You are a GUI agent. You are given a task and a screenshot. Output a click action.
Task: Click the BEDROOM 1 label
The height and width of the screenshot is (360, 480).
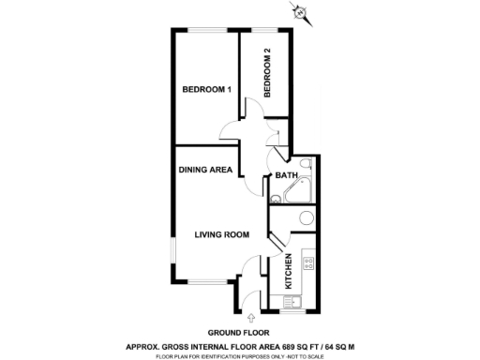point(206,89)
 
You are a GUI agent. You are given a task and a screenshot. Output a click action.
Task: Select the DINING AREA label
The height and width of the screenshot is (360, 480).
point(206,170)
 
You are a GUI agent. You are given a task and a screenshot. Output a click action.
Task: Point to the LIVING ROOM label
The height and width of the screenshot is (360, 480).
point(220,235)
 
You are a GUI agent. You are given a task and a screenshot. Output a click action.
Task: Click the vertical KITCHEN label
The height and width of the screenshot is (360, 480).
point(289,271)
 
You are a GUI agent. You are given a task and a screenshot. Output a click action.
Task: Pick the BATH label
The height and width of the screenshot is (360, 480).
point(286,175)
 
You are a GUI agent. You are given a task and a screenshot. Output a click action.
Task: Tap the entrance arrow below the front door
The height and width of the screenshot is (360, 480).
point(248,319)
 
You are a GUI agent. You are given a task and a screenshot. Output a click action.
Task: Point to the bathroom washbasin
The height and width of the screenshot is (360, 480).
point(277,199)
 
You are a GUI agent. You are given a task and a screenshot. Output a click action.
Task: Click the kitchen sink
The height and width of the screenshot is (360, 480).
point(290,302)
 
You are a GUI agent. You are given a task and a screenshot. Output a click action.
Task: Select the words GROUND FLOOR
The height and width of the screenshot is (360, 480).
point(238,333)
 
